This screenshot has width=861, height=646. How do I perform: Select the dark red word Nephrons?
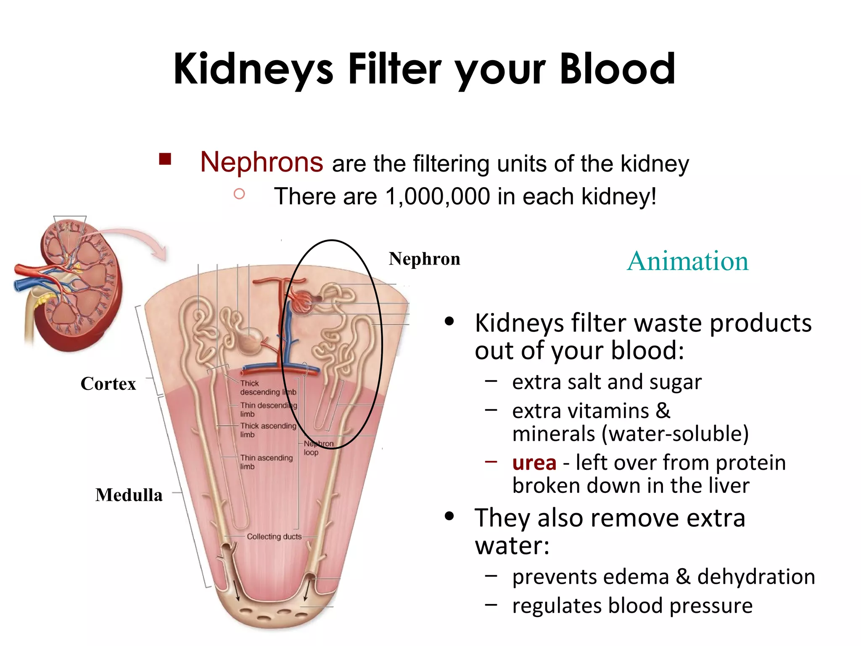click(261, 162)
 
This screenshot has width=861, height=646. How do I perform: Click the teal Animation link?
click(688, 261)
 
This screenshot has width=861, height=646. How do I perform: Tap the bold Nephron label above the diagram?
click(424, 259)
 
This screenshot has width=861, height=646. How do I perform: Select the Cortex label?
click(108, 384)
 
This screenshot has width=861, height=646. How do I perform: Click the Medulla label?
click(129, 495)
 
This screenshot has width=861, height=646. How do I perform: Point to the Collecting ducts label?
click(274, 537)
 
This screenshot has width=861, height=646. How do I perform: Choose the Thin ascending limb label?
click(266, 462)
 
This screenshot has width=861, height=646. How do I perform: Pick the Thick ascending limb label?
click(268, 430)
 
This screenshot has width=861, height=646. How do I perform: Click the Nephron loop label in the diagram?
click(318, 448)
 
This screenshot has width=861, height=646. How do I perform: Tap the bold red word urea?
click(534, 463)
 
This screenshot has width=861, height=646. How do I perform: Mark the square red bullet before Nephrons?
click(165, 159)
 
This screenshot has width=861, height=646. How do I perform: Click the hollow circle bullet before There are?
click(239, 194)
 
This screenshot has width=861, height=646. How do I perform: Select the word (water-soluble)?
click(675, 434)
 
